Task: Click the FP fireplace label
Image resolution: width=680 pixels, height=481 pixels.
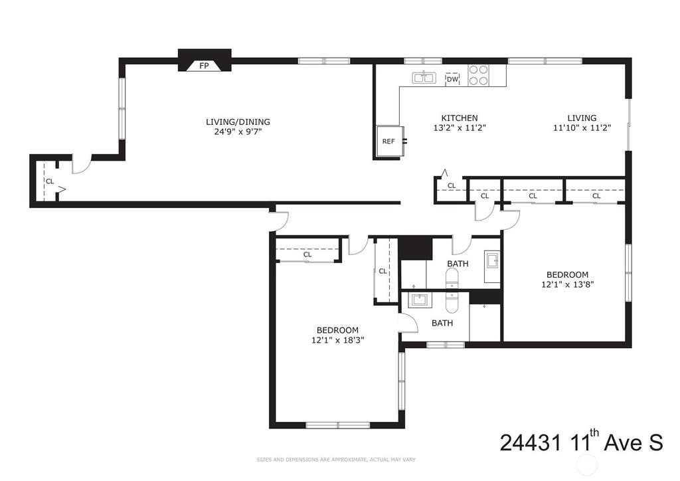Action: [x=204, y=66]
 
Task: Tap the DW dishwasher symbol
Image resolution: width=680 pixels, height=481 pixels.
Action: [x=452, y=79]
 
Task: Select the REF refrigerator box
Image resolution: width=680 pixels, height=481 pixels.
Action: [x=390, y=142]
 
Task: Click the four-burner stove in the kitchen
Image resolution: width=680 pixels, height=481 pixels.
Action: [x=478, y=75]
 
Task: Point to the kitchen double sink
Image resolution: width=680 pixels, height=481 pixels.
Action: [x=423, y=78]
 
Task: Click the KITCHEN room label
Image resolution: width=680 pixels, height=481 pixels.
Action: [x=460, y=118]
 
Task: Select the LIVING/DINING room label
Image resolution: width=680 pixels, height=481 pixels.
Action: [x=238, y=122]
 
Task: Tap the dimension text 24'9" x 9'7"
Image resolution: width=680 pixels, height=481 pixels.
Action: [x=238, y=132]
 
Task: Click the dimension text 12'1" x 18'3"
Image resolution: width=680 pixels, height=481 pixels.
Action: [x=337, y=340]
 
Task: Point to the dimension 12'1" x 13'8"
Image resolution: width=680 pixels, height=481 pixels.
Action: [x=567, y=284]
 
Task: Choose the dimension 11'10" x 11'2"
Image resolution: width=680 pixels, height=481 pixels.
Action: [x=582, y=128]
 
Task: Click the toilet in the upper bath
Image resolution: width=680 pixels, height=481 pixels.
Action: [x=452, y=278]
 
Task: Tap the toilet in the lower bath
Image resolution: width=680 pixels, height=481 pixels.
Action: [x=452, y=302]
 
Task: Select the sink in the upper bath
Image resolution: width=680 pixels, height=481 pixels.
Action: [x=492, y=260]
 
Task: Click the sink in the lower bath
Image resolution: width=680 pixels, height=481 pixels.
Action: [x=419, y=300]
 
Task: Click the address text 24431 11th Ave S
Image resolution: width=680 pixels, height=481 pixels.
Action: [x=581, y=442]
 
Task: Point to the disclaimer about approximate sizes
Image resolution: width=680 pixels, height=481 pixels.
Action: [x=335, y=460]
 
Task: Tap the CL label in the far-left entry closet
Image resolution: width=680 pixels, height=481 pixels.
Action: [x=50, y=181]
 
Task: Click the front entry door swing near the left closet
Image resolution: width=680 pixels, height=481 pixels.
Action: [x=82, y=164]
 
